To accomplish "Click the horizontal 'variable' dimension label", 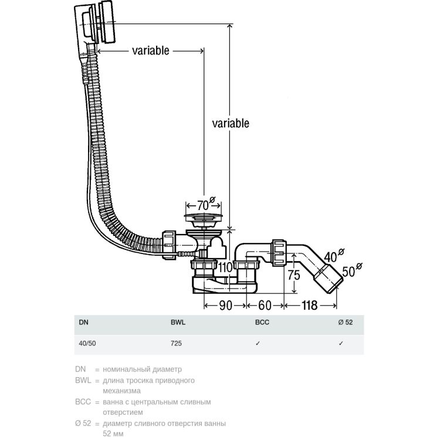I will coord(150,50).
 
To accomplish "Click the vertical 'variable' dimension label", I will coord(231,123).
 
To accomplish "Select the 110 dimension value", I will coord(226,268).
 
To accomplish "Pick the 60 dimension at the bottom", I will coord(265,304).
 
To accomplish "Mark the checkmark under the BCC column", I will coord(258,344).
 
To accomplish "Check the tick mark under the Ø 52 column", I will coord(341,344).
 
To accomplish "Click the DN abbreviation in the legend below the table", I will coord(80,370).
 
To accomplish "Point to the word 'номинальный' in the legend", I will coord(130,370).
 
